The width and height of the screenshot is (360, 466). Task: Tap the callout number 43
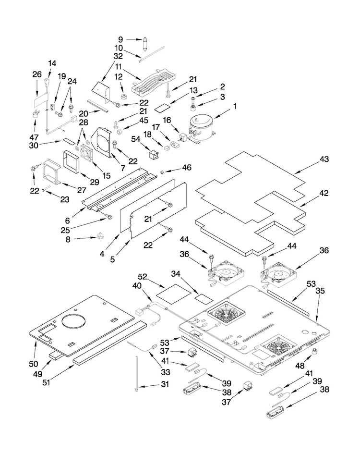tap(324, 159)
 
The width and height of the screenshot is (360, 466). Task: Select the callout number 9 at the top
tap(120, 39)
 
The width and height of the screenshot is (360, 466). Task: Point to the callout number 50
tap(34, 364)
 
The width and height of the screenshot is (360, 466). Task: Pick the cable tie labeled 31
tap(137, 373)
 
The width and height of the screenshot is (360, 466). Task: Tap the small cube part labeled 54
tap(153, 154)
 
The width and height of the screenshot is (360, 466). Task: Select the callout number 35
tap(320, 291)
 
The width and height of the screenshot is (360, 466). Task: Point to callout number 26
tap(37, 74)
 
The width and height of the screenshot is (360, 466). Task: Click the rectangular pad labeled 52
tap(173, 294)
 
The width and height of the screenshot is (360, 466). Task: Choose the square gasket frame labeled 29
tap(72, 162)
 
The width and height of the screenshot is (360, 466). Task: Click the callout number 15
tap(106, 175)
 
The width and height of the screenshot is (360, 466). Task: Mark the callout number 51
tap(47, 382)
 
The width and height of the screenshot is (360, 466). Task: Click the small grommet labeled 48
tap(314, 352)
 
